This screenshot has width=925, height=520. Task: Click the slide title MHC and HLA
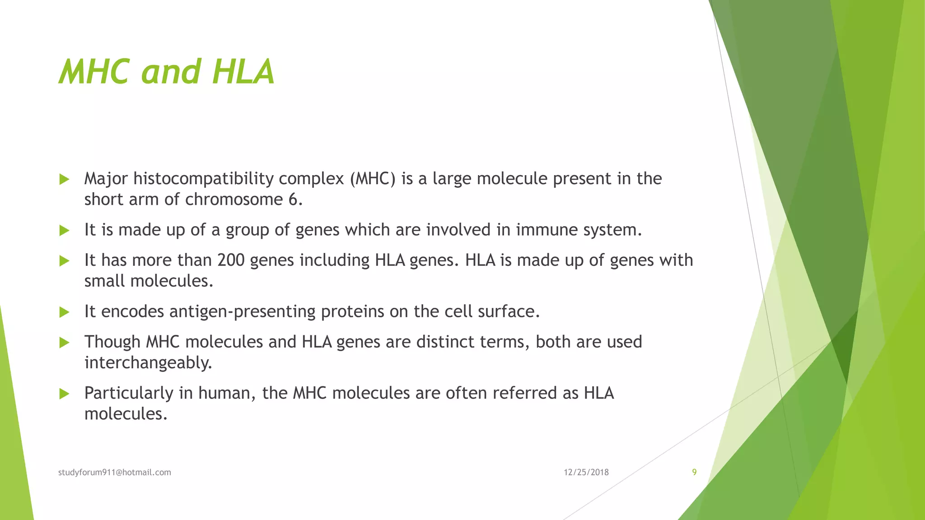click(x=166, y=72)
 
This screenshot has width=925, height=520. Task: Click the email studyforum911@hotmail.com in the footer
click(x=115, y=472)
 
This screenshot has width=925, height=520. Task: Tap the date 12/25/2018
click(x=586, y=472)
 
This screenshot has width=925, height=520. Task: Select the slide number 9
click(x=694, y=472)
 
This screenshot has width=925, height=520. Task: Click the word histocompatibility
click(x=203, y=179)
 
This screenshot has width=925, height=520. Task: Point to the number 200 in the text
click(x=231, y=260)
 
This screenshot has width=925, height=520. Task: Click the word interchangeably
click(x=148, y=362)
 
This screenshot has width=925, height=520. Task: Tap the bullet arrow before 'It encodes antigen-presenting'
click(x=64, y=312)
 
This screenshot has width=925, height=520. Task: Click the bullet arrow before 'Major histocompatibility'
click(x=64, y=180)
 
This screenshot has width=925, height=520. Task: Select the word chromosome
click(x=234, y=200)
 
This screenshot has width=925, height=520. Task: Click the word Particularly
click(x=129, y=393)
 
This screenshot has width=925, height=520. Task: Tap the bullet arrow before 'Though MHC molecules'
click(x=64, y=343)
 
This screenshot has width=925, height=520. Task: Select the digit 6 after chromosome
click(x=293, y=200)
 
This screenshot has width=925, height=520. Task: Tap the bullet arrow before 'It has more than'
click(x=64, y=261)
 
